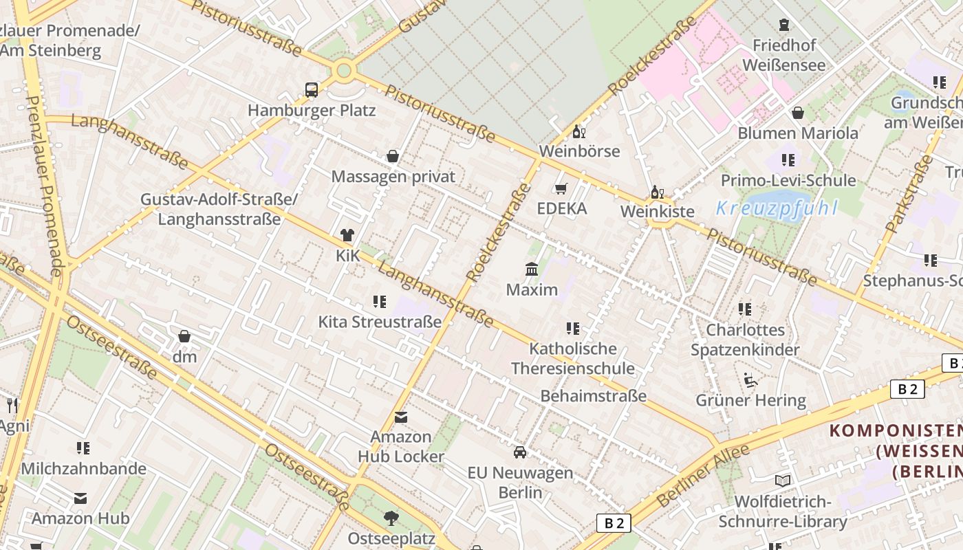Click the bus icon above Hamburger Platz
(312, 89)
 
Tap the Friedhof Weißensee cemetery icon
(784, 25)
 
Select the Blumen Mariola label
(798, 133)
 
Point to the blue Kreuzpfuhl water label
(777, 208)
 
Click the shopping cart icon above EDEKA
(561, 188)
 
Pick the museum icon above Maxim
(532, 269)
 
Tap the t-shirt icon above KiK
(347, 235)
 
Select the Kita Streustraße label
(380, 322)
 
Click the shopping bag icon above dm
(184, 336)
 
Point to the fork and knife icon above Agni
(12, 406)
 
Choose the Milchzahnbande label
(84, 469)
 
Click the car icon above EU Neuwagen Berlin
(520, 452)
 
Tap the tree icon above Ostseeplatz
(391, 518)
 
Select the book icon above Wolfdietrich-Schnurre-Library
(782, 481)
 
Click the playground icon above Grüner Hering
(750, 380)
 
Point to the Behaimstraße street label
(593, 396)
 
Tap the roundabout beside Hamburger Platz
(343, 70)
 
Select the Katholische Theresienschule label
(572, 358)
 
